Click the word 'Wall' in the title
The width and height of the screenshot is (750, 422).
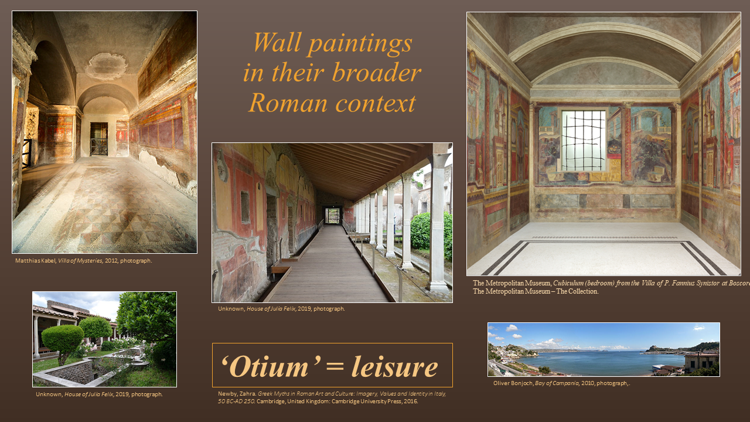278,43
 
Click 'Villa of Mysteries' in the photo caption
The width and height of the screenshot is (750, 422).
83,261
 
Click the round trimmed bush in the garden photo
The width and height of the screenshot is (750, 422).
62,338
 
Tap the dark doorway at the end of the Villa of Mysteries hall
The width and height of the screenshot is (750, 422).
98,138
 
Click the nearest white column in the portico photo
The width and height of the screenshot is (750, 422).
438,223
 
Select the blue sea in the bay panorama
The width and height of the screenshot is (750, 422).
592,360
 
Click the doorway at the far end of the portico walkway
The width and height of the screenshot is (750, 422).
333,216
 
